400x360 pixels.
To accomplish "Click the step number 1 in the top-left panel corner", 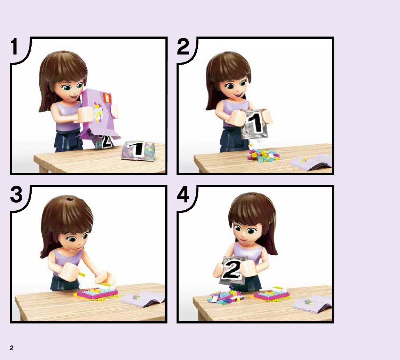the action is point(15,47).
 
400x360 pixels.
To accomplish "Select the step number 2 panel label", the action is point(183,47).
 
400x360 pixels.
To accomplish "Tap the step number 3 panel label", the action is point(16,195).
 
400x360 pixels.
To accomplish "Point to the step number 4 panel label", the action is point(183,195).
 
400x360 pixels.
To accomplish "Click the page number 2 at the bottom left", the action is point(11,348).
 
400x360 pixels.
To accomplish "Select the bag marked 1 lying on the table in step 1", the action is point(138,151).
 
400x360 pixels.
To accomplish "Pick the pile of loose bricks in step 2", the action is point(263,155).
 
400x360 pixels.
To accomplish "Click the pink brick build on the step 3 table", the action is point(97,293).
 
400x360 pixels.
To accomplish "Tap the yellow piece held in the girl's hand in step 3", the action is point(82,274).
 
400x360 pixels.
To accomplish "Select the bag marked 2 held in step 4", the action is point(233,270).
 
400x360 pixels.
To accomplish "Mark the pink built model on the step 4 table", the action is point(271,294).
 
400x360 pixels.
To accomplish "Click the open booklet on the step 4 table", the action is point(312,304).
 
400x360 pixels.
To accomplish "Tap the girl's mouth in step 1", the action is point(75,97).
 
